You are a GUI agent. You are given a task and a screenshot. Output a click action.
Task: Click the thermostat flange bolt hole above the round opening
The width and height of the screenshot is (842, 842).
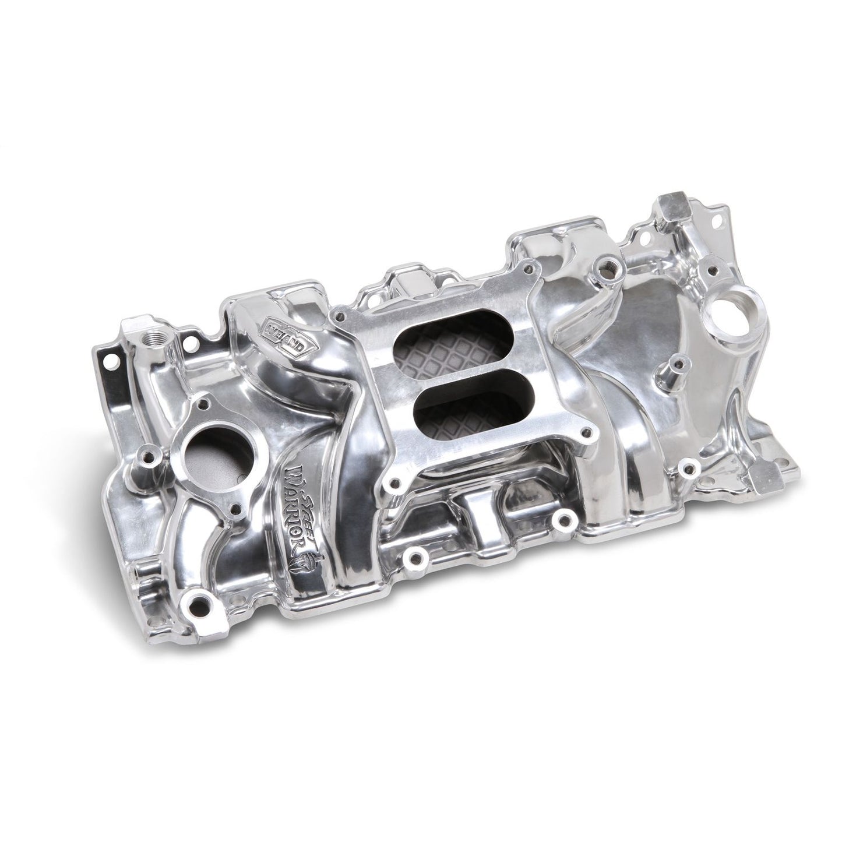[x=203, y=401]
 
